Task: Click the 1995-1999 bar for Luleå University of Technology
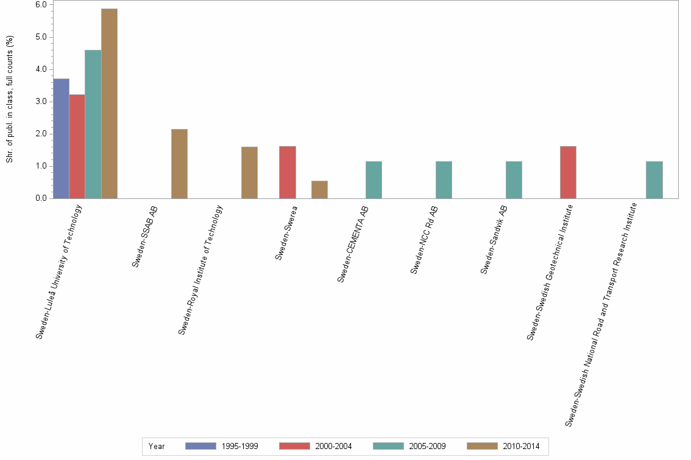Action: (61, 138)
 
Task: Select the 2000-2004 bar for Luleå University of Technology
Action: (77, 146)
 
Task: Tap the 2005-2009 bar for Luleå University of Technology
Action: (93, 124)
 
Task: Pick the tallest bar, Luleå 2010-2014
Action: (109, 103)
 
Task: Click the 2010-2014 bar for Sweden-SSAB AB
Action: (179, 164)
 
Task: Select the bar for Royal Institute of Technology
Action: (249, 172)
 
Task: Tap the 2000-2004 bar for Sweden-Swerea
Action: (288, 172)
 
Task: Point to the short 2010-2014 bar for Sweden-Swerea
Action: (319, 189)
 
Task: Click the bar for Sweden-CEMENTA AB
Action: (374, 179)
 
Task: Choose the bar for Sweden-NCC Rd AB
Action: (444, 179)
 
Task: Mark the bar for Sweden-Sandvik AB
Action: (514, 179)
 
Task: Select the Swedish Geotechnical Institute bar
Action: (568, 172)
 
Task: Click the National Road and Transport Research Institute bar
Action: (654, 179)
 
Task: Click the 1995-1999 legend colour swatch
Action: (200, 446)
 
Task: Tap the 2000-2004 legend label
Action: (333, 446)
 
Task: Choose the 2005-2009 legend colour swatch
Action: (388, 446)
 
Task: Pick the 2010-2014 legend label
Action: (521, 446)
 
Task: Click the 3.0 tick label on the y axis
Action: (42, 102)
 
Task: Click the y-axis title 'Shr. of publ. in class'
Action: (10, 99)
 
